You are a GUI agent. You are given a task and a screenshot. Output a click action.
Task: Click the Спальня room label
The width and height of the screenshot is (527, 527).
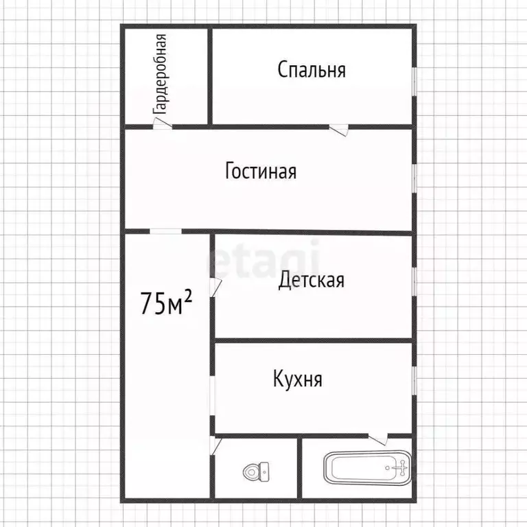[311, 69]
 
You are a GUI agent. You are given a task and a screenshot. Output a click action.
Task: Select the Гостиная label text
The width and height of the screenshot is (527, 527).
[261, 170]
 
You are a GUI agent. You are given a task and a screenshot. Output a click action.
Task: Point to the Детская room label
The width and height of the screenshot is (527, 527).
[311, 280]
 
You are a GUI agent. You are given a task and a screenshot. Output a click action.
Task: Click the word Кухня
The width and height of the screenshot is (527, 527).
[297, 379]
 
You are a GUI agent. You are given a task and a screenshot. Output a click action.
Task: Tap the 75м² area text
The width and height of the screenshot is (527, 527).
[165, 302]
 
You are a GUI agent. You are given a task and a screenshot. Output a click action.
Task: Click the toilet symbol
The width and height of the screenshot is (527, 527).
[256, 472]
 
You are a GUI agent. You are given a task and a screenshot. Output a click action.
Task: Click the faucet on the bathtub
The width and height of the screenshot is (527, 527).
[401, 468]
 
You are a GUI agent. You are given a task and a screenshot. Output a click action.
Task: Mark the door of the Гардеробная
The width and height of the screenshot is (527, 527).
[162, 124]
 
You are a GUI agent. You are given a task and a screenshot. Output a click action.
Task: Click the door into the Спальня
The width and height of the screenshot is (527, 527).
[338, 128]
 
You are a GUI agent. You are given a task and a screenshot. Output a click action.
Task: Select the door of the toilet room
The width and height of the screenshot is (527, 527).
[215, 446]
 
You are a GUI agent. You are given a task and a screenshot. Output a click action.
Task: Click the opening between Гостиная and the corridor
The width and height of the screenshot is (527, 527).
[166, 231]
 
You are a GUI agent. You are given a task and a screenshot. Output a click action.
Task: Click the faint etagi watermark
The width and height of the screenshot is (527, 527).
[264, 259]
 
